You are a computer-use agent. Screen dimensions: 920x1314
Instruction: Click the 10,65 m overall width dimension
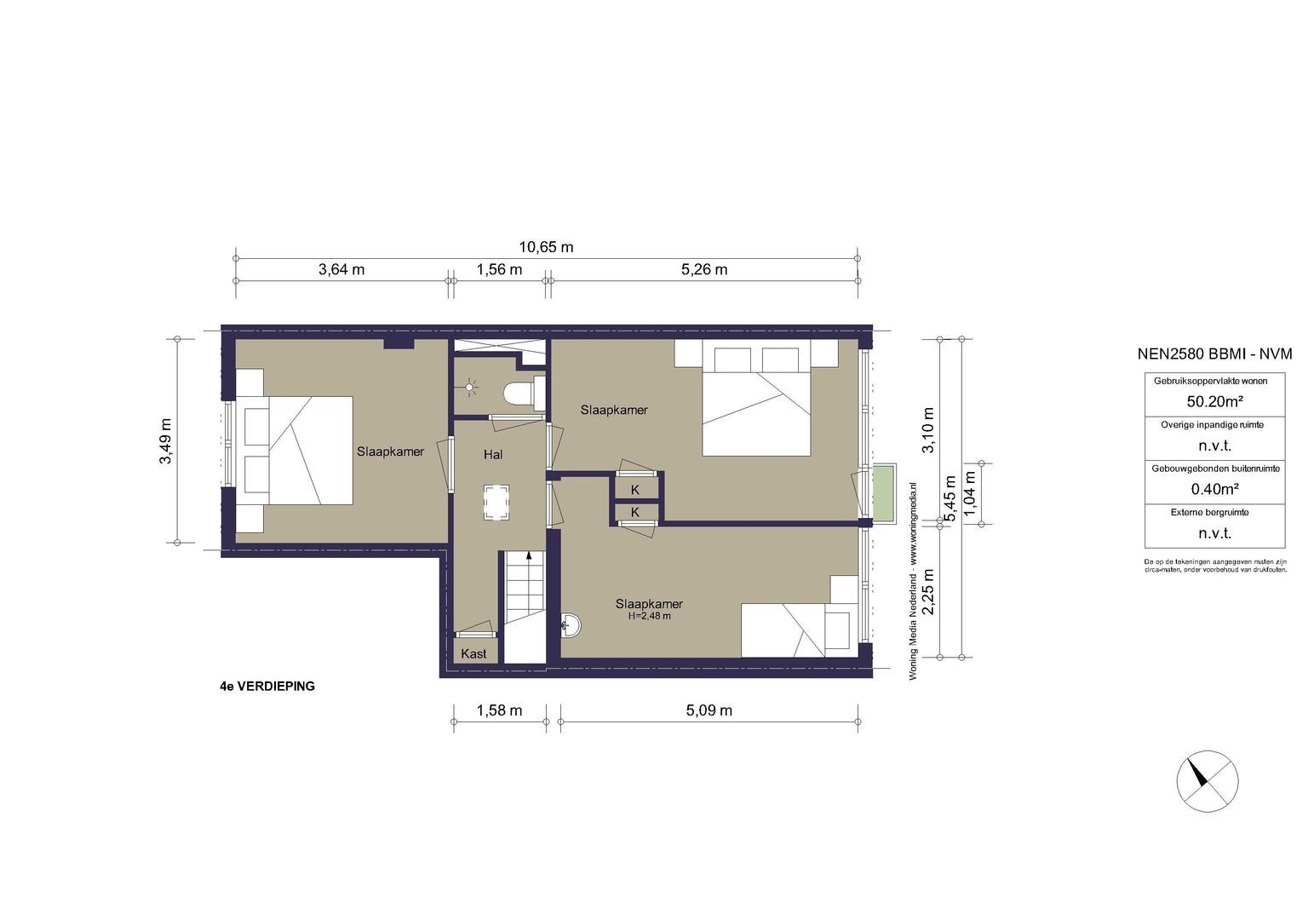(x=546, y=247)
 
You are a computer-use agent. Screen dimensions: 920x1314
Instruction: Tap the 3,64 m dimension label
(x=341, y=269)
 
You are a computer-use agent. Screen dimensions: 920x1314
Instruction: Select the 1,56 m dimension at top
(x=499, y=269)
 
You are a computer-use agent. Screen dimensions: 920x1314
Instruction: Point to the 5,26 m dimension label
(x=704, y=269)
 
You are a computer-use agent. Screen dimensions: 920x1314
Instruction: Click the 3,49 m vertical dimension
(x=165, y=440)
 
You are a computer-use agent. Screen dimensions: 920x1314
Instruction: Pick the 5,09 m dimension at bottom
(x=709, y=710)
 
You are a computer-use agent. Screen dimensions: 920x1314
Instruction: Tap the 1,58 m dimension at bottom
(x=499, y=710)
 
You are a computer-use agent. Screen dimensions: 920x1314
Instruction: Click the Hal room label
(x=493, y=455)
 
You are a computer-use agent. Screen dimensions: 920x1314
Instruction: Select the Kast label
(x=473, y=653)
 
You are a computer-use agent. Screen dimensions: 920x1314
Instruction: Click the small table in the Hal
(x=497, y=502)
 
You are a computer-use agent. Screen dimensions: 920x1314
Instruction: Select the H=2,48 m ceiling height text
(x=649, y=616)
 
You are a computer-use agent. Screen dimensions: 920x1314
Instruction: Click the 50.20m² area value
(x=1214, y=402)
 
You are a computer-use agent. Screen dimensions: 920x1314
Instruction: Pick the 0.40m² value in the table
(x=1214, y=489)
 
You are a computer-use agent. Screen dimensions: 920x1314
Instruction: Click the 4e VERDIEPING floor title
(x=267, y=686)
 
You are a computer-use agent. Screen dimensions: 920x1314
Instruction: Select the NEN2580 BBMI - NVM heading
(x=1214, y=354)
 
